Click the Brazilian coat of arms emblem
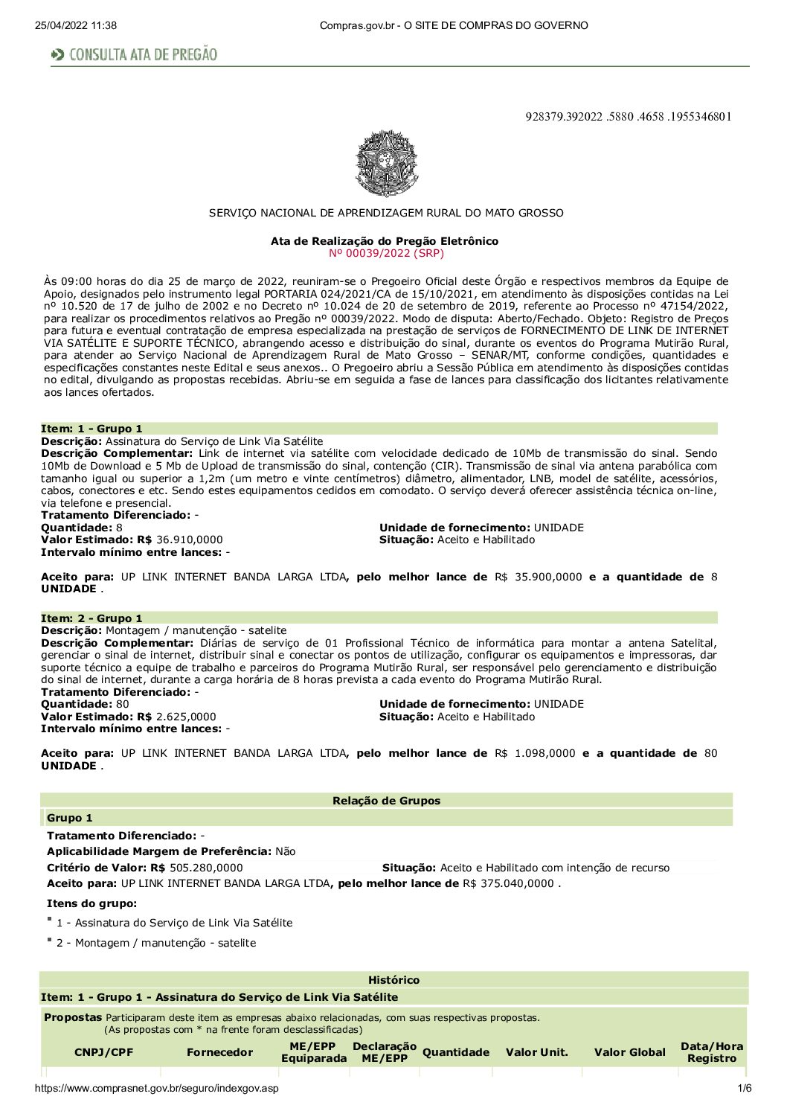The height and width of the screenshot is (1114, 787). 387,164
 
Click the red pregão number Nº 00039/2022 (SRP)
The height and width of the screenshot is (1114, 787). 386,253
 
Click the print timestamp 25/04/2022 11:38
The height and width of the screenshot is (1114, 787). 75,25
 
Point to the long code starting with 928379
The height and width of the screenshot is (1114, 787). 628,116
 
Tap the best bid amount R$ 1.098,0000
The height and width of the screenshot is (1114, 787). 535,753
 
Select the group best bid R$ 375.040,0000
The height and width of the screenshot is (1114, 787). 509,883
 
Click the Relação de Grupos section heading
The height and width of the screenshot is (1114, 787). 386,801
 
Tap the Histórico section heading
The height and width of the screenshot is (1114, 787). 393,980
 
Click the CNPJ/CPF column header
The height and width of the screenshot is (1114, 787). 104,1052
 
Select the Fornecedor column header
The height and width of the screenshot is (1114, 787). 219,1052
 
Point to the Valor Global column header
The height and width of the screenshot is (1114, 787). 629,1052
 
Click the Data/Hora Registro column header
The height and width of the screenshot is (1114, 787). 712,1052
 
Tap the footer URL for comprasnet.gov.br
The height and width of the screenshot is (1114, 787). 156,1089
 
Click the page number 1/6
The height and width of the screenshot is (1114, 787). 744,1089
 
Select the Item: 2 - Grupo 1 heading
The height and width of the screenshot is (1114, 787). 91,618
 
